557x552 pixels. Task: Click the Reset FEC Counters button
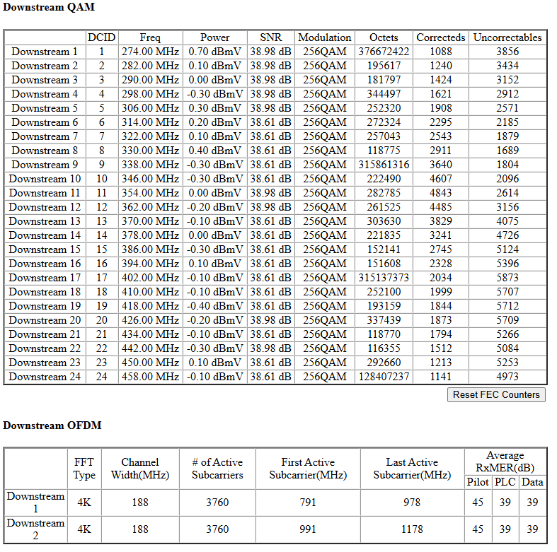[496, 395]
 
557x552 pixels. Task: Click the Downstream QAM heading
[49, 7]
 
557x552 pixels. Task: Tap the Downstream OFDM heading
[52, 425]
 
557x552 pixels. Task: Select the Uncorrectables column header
[507, 37]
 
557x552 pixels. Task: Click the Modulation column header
[325, 37]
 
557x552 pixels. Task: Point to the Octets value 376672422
[384, 52]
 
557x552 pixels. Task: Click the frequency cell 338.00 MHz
[150, 165]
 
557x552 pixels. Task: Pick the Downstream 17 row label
[45, 278]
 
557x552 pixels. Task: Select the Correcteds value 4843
[441, 193]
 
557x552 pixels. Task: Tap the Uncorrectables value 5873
[507, 278]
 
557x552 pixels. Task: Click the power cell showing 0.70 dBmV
[215, 52]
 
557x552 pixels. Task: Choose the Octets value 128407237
[384, 377]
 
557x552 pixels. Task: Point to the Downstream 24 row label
[45, 377]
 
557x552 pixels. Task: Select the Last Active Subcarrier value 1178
[412, 529]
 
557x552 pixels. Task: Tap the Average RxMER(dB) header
[505, 462]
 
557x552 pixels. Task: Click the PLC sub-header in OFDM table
[505, 482]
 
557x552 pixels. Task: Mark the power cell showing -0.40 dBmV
[215, 306]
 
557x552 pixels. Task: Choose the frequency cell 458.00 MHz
[150, 377]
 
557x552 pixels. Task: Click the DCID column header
[101, 37]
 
